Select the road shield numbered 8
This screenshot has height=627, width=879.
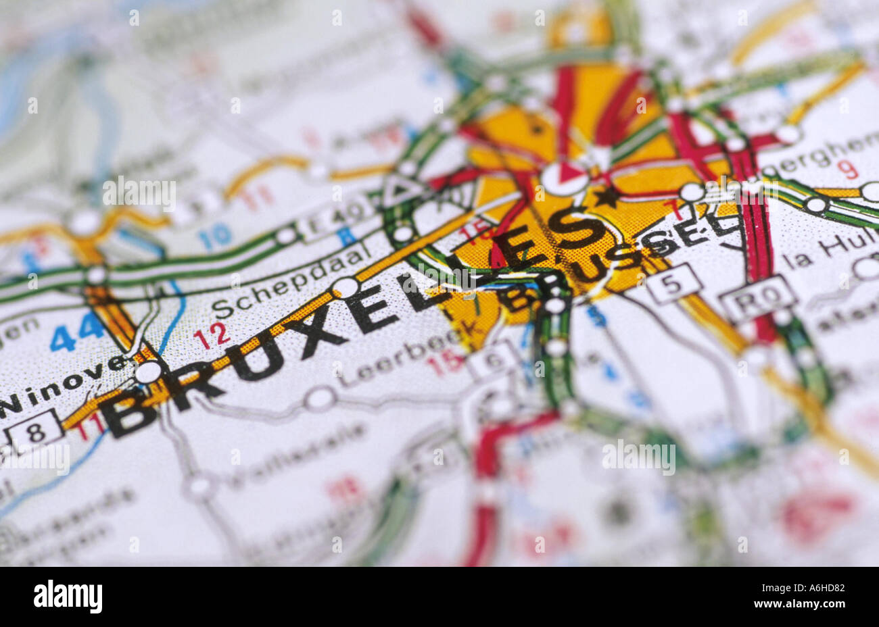pyautogui.click(x=36, y=430)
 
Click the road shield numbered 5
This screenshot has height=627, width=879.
pyautogui.click(x=673, y=282)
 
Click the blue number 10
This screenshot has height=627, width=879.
pyautogui.click(x=215, y=237)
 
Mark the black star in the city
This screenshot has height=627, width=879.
pyautogui.click(x=607, y=197)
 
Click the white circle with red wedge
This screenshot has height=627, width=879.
pyautogui.click(x=564, y=178)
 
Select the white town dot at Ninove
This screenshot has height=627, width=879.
pyautogui.click(x=148, y=372)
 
